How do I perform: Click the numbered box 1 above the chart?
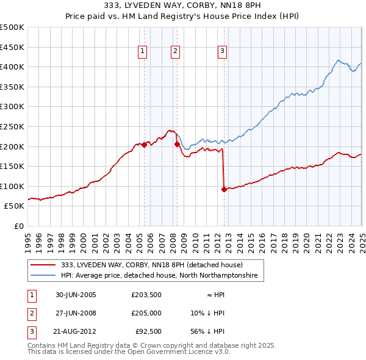(x=142, y=52)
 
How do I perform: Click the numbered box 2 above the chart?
(x=175, y=52)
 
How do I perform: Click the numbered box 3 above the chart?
(x=222, y=52)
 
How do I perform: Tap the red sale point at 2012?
(x=224, y=189)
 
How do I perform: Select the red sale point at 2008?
(x=177, y=145)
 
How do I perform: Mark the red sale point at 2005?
(x=145, y=145)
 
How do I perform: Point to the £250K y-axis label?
(x=12, y=126)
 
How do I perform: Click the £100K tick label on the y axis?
(x=12, y=186)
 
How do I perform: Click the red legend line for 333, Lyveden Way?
(x=44, y=265)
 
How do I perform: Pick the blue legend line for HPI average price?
(x=44, y=276)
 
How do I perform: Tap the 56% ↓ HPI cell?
(x=209, y=331)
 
